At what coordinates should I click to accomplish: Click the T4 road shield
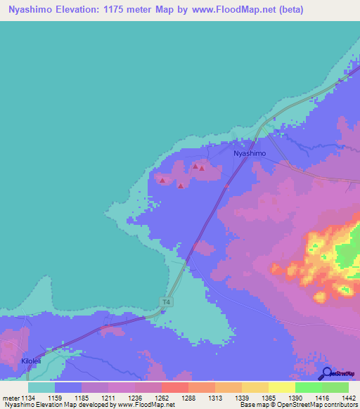click(x=165, y=302)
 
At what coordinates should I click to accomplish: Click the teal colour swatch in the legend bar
click(x=41, y=387)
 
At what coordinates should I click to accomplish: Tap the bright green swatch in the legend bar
click(x=308, y=387)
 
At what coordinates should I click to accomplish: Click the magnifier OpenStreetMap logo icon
click(x=326, y=373)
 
